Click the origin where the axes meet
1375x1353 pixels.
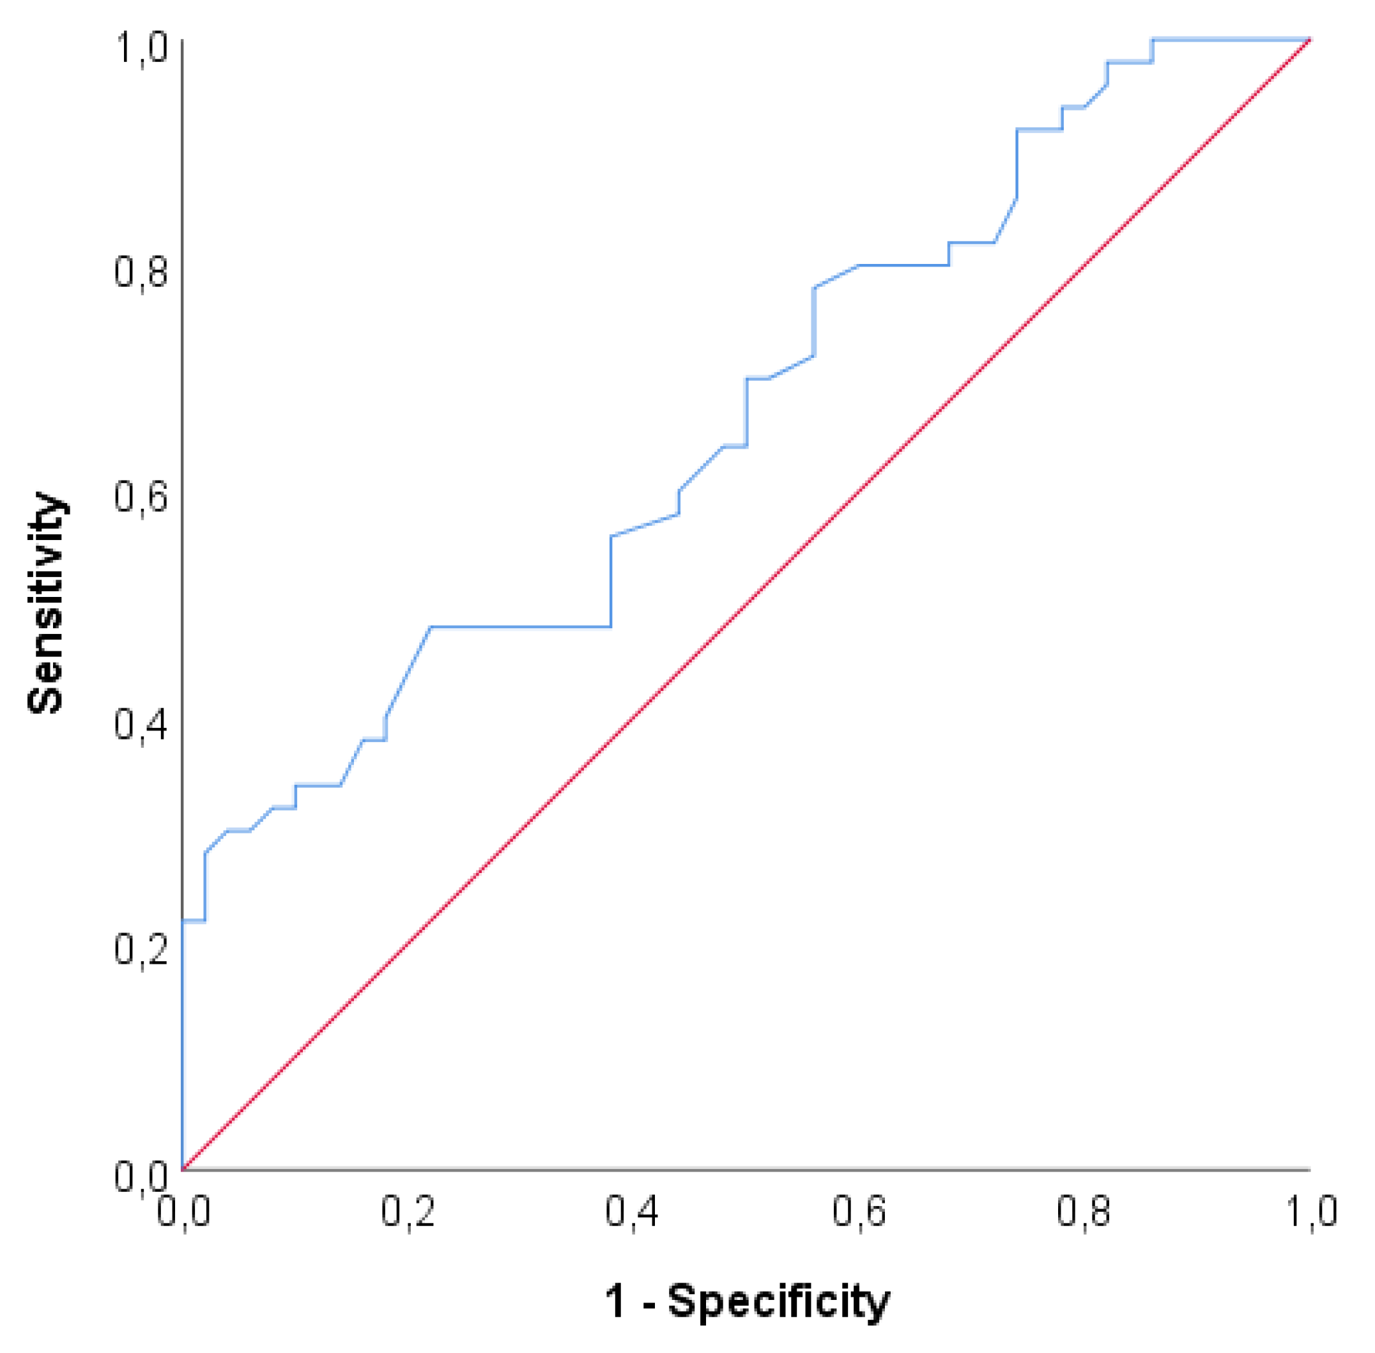pyautogui.click(x=183, y=1169)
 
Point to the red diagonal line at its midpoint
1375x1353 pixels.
pyautogui.click(x=746, y=605)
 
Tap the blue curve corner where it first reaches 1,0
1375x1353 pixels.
pyautogui.click(x=1153, y=40)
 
